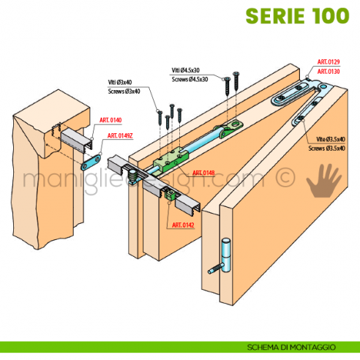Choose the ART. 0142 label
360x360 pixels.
coord(184,225)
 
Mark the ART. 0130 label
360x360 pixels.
coord(328,72)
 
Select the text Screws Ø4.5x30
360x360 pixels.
coord(190,78)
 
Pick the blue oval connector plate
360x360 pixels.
coord(92,155)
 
